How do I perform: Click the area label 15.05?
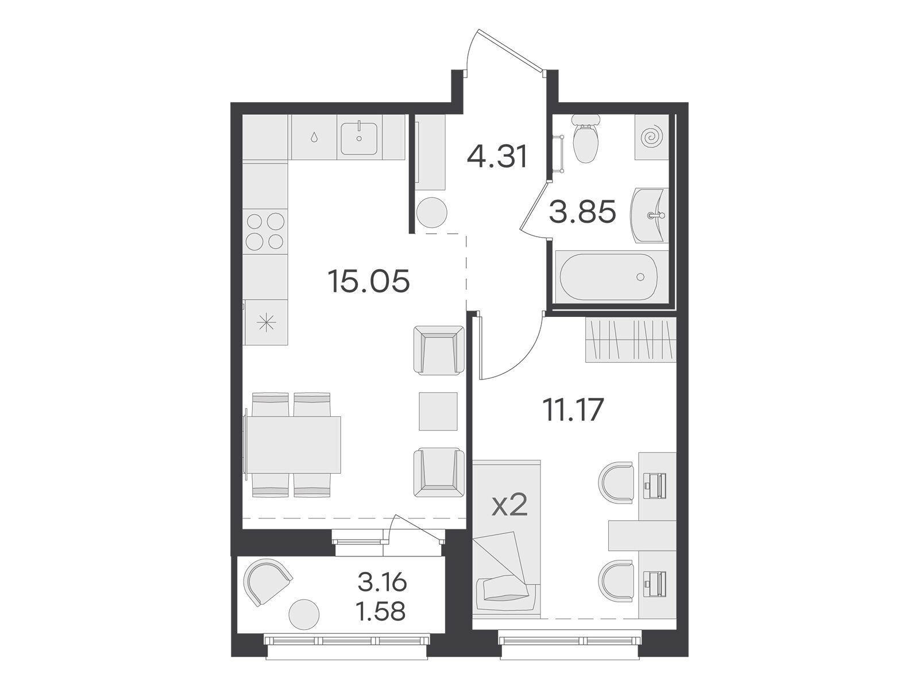point(368,281)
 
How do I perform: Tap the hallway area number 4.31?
point(498,156)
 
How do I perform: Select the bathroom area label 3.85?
point(582,212)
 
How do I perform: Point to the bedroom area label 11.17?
point(572,410)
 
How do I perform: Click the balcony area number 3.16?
point(383,582)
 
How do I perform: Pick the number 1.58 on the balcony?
point(381,612)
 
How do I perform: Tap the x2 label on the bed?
point(508,506)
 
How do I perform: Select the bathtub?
point(608,277)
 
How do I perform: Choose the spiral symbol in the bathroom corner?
point(652,137)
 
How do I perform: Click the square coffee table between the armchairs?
point(438,411)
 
